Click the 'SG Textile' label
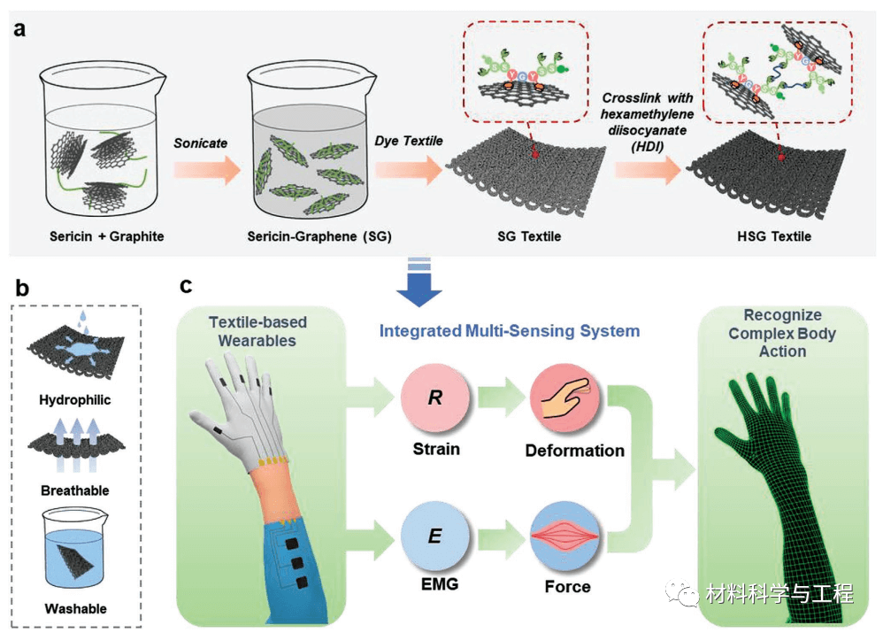[x=518, y=236]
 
